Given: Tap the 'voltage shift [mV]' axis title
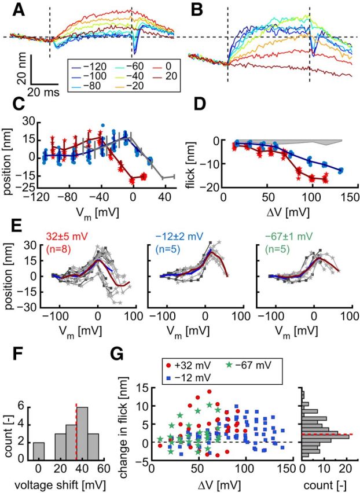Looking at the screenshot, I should click(69, 480).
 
